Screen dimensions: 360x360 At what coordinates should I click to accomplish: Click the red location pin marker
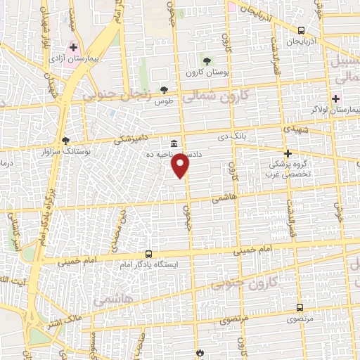(x=181, y=165)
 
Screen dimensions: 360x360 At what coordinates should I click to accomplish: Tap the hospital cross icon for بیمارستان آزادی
(x=73, y=47)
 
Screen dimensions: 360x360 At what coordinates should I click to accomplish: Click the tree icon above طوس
(x=165, y=89)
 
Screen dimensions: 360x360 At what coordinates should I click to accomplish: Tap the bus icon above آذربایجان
(x=301, y=30)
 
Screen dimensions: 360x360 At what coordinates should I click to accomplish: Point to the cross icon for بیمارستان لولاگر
(x=336, y=98)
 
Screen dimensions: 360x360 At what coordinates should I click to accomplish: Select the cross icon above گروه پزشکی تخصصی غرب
(x=287, y=153)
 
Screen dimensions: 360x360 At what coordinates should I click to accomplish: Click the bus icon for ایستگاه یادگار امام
(x=148, y=253)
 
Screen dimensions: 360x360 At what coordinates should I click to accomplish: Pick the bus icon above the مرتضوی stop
(x=300, y=307)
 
